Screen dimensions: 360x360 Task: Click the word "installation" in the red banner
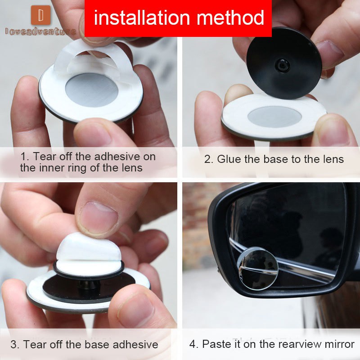pos(142,18)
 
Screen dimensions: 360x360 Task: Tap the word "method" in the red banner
pos(230,18)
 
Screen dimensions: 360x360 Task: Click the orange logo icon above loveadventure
pos(40,15)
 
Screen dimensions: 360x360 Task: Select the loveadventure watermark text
pos(40,31)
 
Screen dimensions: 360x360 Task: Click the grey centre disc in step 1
pos(92,90)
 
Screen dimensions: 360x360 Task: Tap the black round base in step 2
pos(284,63)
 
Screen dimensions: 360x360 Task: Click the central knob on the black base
pos(282,65)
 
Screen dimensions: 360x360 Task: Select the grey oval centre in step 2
pos(274,117)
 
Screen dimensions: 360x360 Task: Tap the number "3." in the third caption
pos(15,345)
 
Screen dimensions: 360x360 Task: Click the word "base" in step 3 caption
pos(97,345)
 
